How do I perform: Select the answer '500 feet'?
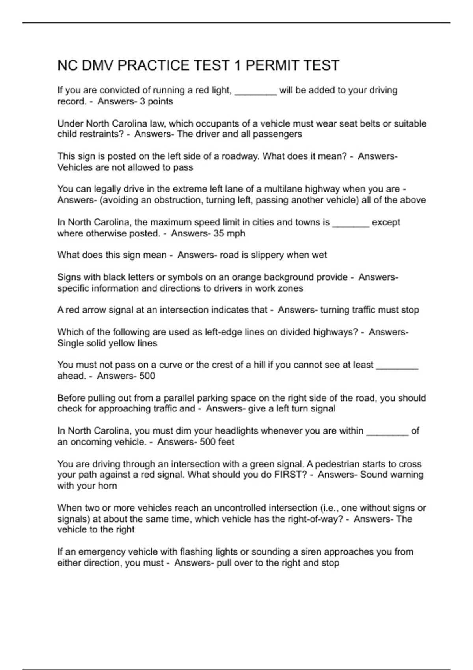pos(217,442)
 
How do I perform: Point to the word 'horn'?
pos(108,486)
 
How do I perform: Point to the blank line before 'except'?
pos(351,223)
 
